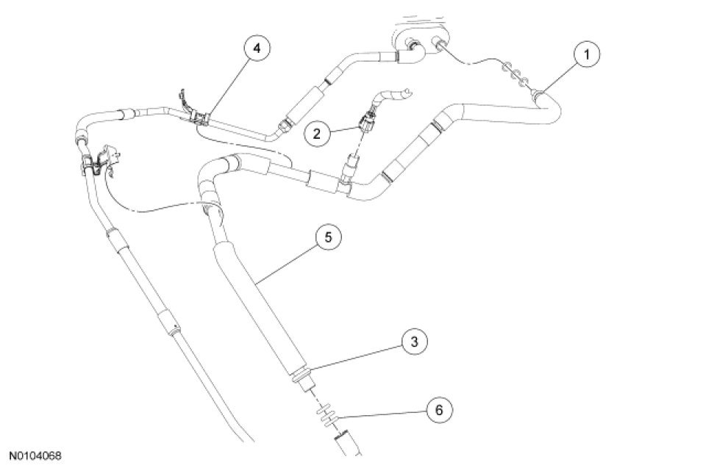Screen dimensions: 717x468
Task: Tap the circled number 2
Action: pos(318,134)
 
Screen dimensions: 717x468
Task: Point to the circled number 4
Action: pos(255,48)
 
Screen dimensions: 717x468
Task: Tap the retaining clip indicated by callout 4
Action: pos(199,118)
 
